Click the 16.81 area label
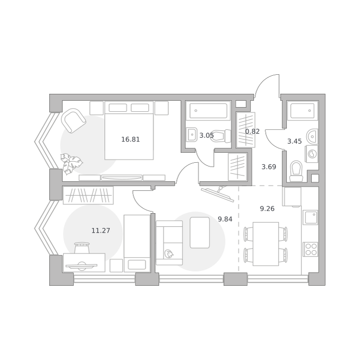pyautogui.click(x=131, y=139)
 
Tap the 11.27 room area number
pyautogui.click(x=101, y=230)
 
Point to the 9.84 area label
pyautogui.click(x=225, y=219)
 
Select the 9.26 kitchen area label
pyautogui.click(x=267, y=208)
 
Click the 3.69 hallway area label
pyautogui.click(x=269, y=166)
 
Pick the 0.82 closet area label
pyautogui.click(x=252, y=131)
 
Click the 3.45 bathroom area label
pyautogui.click(x=295, y=141)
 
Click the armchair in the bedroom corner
pyautogui.click(x=73, y=121)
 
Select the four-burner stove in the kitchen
pyautogui.click(x=311, y=249)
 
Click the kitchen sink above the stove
pyautogui.click(x=311, y=217)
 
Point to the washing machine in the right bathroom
pyautogui.click(x=312, y=154)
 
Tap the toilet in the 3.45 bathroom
pyautogui.click(x=296, y=171)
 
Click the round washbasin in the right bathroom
pyautogui.click(x=312, y=136)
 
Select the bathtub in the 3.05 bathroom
pyautogui.click(x=208, y=111)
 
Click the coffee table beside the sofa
pyautogui.click(x=200, y=233)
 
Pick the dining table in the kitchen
pyautogui.click(x=265, y=244)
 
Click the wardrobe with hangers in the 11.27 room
pyautogui.click(x=88, y=195)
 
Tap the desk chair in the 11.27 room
pyautogui.click(x=82, y=248)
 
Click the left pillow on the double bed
pyautogui.click(x=118, y=108)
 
